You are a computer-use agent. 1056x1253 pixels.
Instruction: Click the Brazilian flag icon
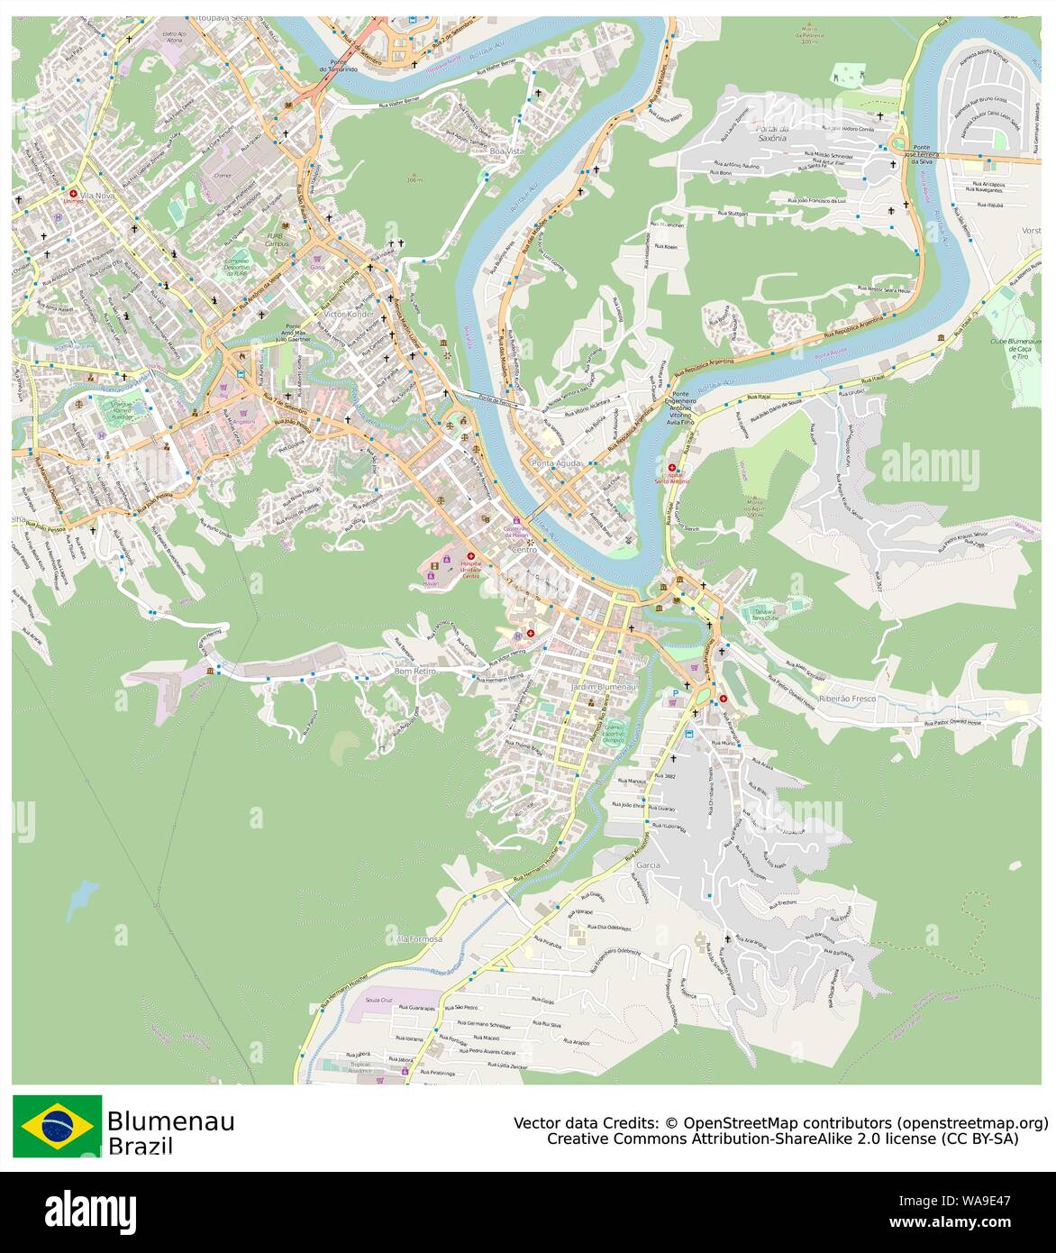[57, 1125]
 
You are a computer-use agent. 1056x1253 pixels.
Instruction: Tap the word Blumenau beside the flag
[170, 1121]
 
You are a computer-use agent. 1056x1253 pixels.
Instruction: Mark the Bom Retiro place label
[414, 671]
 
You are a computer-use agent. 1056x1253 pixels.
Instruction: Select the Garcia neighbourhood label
[648, 864]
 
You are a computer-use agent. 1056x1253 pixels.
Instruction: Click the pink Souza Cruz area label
[379, 1000]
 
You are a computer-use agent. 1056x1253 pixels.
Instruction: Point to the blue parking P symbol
[675, 693]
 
